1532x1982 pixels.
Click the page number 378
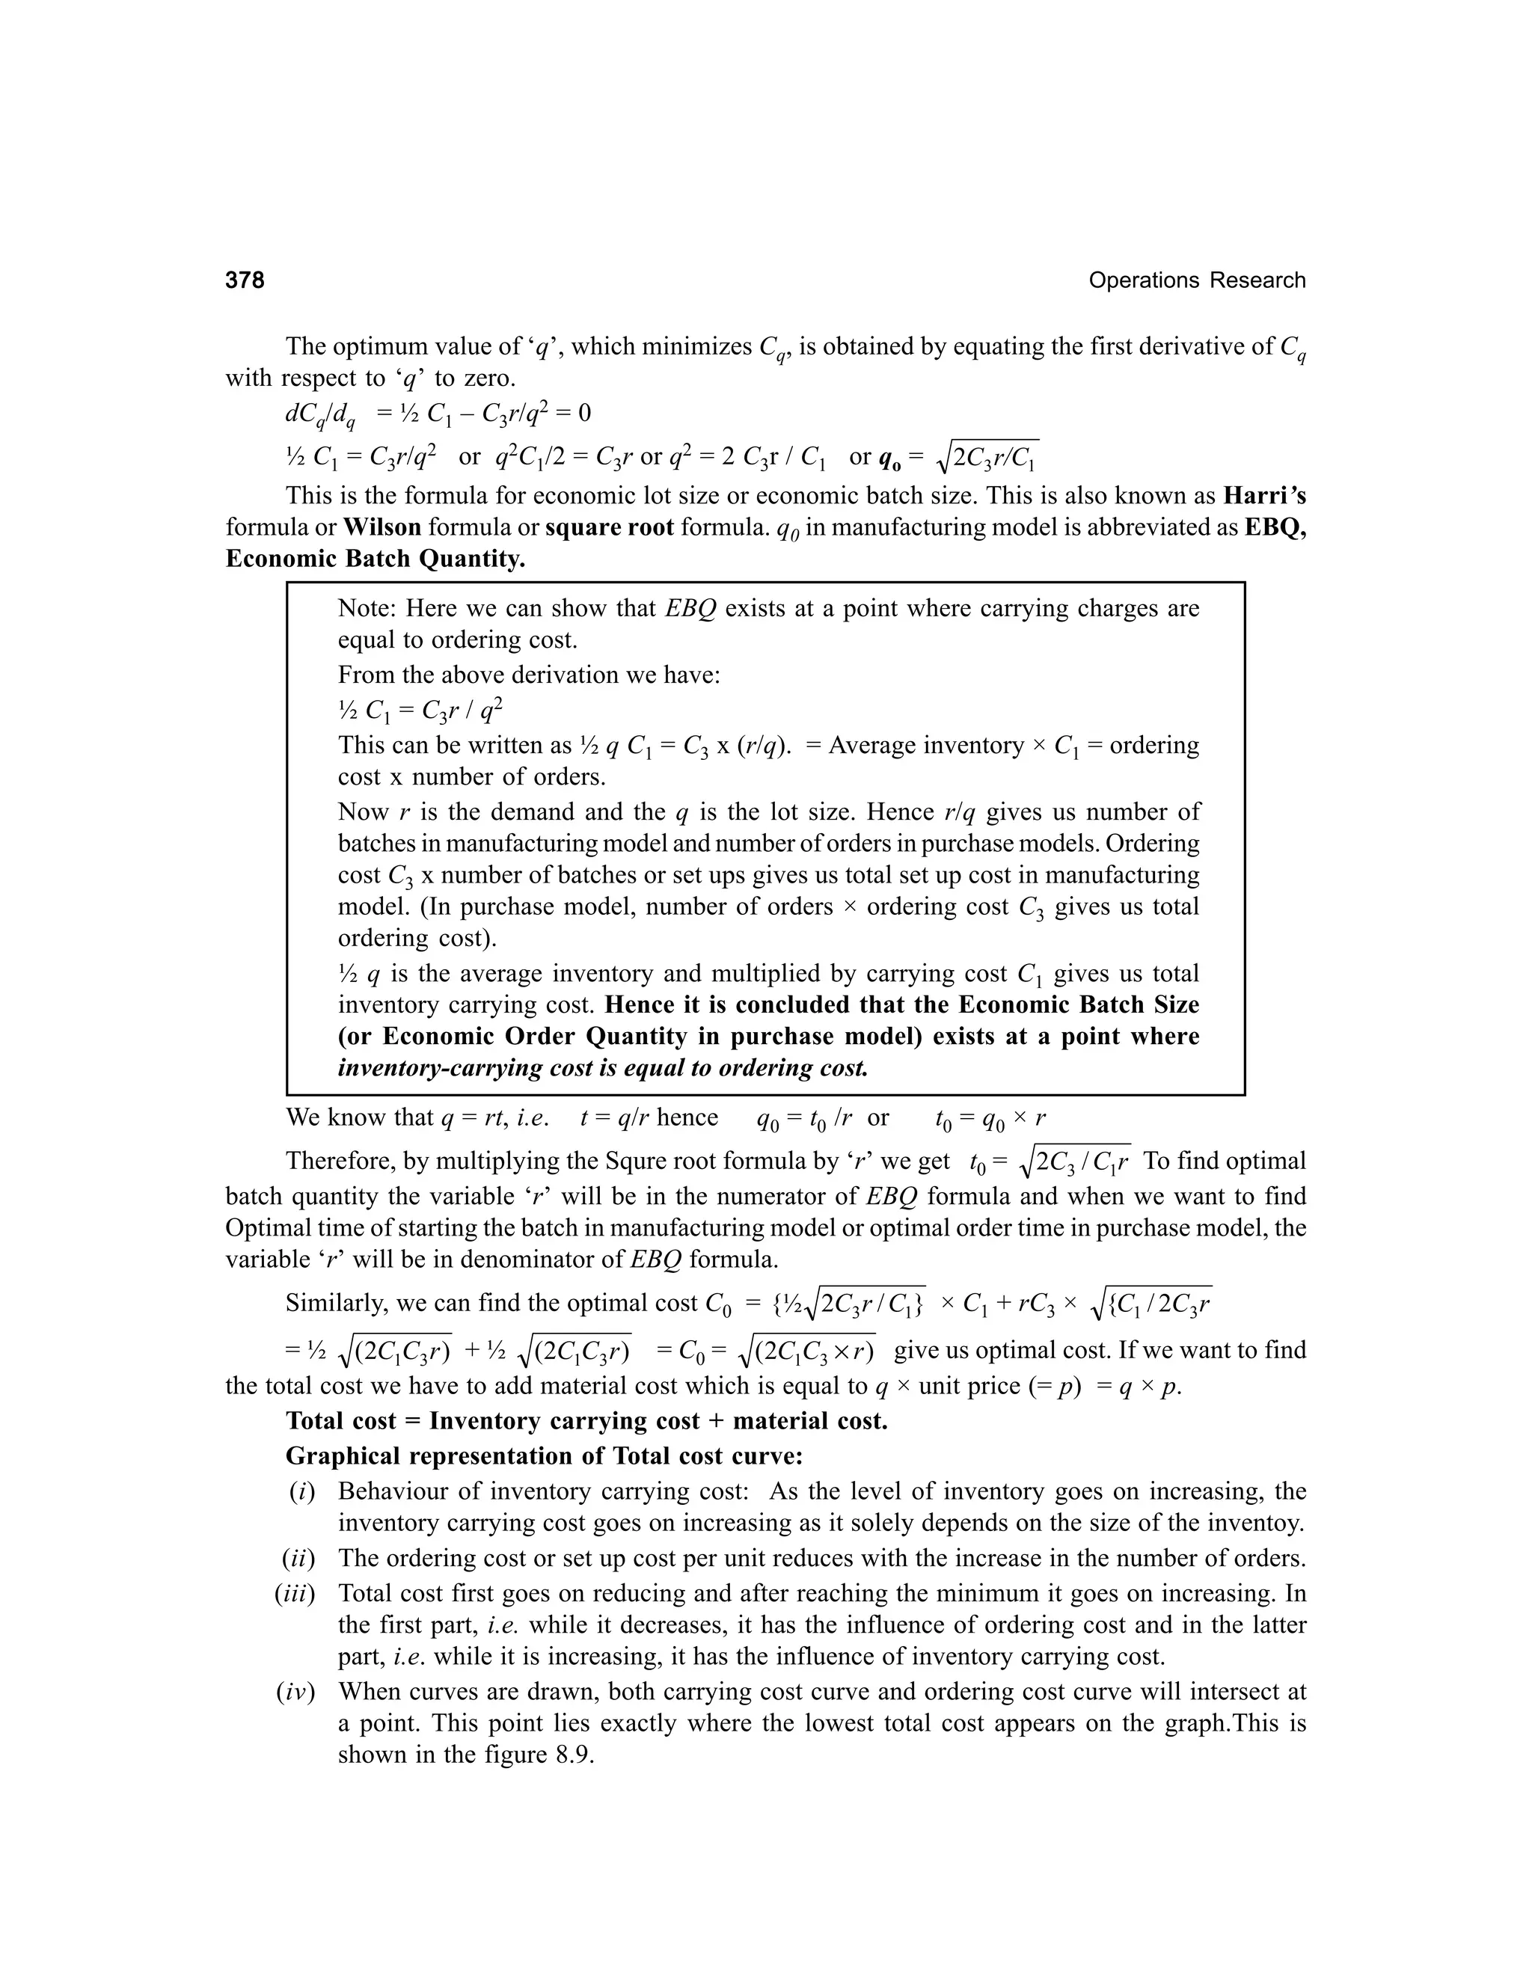pyautogui.click(x=245, y=280)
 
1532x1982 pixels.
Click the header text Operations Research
pyautogui.click(x=1196, y=280)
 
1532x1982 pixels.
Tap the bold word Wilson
pyautogui.click(x=382, y=527)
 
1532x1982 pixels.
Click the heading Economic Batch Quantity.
pyautogui.click(x=375, y=558)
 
